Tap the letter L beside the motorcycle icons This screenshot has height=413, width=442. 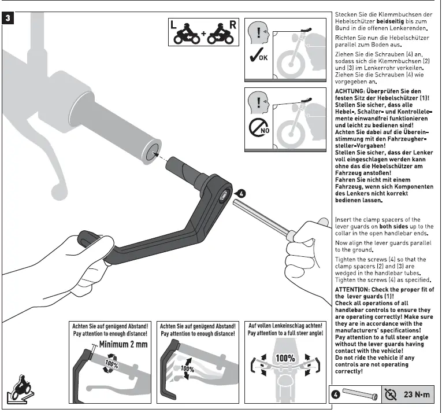pyautogui.click(x=174, y=25)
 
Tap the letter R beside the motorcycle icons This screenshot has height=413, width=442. pyautogui.click(x=232, y=25)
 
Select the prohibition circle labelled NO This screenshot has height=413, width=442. pyautogui.click(x=258, y=127)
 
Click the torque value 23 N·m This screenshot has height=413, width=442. pyautogui.click(x=417, y=394)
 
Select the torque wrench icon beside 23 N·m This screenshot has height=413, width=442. pyautogui.click(x=391, y=394)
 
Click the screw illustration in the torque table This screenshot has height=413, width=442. pyautogui.click(x=359, y=395)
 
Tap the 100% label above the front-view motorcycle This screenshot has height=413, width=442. pyautogui.click(x=285, y=358)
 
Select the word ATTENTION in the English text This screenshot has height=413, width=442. pyautogui.click(x=354, y=289)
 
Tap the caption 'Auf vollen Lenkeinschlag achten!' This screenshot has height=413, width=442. pyautogui.click(x=285, y=326)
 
